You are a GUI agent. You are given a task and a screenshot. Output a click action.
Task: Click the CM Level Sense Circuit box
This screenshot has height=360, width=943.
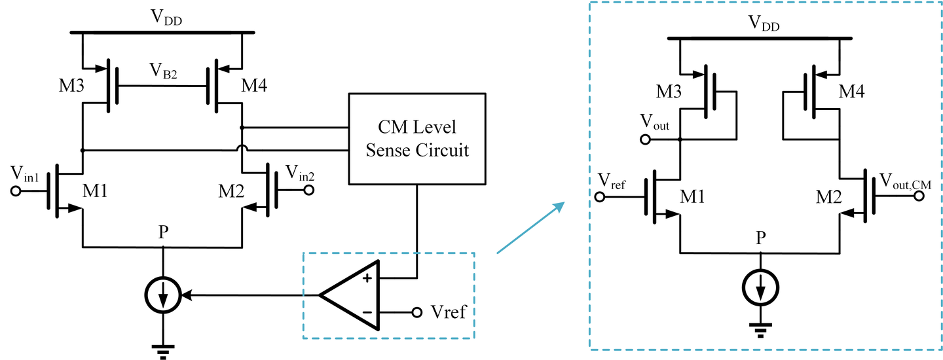(417, 138)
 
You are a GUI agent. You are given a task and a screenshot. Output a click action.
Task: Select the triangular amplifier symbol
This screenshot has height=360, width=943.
(350, 295)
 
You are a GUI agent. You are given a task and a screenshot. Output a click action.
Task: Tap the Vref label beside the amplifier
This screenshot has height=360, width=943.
(449, 312)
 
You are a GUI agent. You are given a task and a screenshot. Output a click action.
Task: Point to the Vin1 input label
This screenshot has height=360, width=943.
(27, 174)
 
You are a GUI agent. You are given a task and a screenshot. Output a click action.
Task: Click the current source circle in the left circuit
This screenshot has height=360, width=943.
(162, 297)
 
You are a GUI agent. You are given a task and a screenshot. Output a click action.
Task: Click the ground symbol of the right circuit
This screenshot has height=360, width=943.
(760, 331)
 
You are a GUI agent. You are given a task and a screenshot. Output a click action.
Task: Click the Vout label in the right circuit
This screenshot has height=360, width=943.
(656, 123)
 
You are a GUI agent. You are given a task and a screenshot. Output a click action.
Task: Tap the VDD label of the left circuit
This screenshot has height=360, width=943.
(169, 20)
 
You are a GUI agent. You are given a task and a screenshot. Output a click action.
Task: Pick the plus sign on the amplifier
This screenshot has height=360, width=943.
(367, 278)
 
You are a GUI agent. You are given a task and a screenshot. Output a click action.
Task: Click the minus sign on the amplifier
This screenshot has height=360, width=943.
(367, 312)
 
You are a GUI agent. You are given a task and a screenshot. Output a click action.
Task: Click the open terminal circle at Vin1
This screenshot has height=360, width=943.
(16, 191)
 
